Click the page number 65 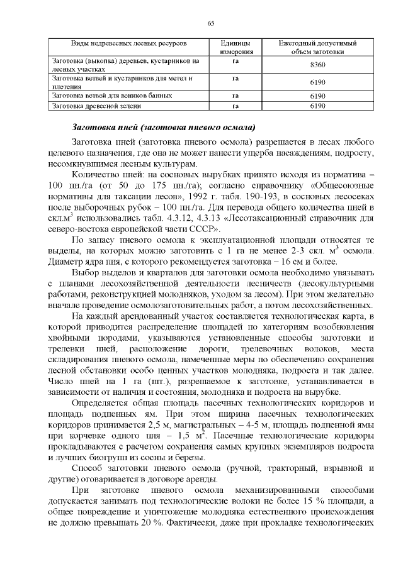click(210, 23)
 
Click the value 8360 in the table click(319, 65)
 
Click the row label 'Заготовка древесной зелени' click(93, 106)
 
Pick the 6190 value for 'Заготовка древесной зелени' click(319, 106)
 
